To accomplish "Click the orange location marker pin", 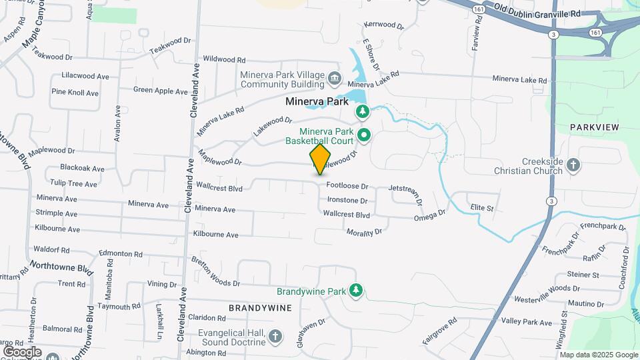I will pyautogui.click(x=321, y=159).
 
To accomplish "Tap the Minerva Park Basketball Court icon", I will pyautogui.click(x=364, y=136).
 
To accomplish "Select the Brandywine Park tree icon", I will pyautogui.click(x=357, y=291).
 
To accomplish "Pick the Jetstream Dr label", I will pyautogui.click(x=406, y=194).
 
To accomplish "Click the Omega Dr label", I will pyautogui.click(x=429, y=215).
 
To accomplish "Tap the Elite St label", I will pyautogui.click(x=481, y=208).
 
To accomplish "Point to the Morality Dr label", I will pyautogui.click(x=364, y=232).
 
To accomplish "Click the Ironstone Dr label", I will pyautogui.click(x=347, y=200).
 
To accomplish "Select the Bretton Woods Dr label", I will pyautogui.click(x=215, y=271).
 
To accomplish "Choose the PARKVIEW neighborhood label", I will pyautogui.click(x=595, y=127).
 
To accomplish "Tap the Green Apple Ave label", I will pyautogui.click(x=161, y=91).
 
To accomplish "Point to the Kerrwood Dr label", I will pyautogui.click(x=384, y=25).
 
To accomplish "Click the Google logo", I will pyautogui.click(x=22, y=351).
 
